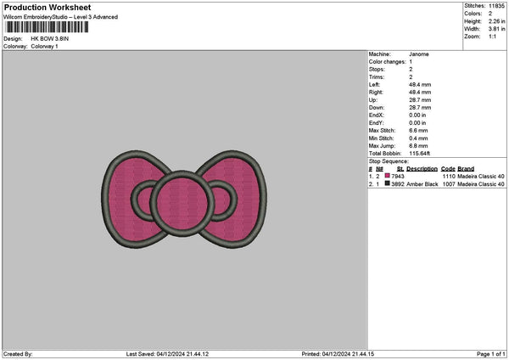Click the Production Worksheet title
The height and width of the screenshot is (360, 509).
click(x=48, y=8)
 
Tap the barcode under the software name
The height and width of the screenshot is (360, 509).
click(x=47, y=27)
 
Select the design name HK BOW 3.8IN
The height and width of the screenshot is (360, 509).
click(x=50, y=39)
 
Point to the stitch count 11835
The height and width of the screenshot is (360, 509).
click(x=496, y=6)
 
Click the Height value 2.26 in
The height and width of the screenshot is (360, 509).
click(x=496, y=21)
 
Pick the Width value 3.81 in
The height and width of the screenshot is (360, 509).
click(x=496, y=29)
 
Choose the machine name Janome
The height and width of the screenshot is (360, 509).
click(x=419, y=54)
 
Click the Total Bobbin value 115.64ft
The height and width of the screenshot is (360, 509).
click(x=419, y=154)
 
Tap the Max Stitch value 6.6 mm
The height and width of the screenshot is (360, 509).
click(x=418, y=131)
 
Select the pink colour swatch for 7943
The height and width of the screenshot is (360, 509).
click(x=388, y=176)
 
